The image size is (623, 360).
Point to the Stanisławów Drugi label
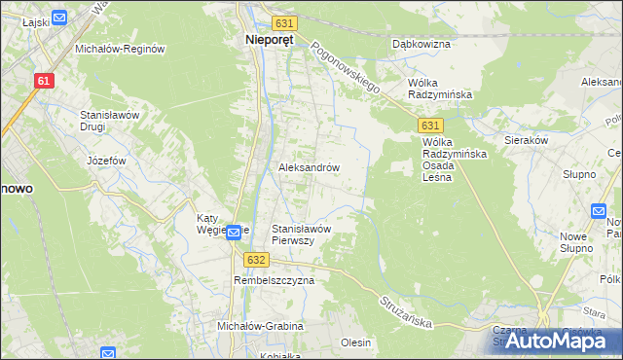click(x=110, y=120)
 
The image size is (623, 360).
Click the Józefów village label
click(x=106, y=161)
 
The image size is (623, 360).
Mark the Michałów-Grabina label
click(x=260, y=326)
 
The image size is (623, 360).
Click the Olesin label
click(x=356, y=342)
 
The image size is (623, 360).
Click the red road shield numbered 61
click(x=43, y=81)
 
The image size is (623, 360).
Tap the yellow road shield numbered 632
click(x=256, y=260)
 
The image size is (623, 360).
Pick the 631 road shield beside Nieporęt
click(x=283, y=22)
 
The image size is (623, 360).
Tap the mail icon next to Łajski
click(x=58, y=17)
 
